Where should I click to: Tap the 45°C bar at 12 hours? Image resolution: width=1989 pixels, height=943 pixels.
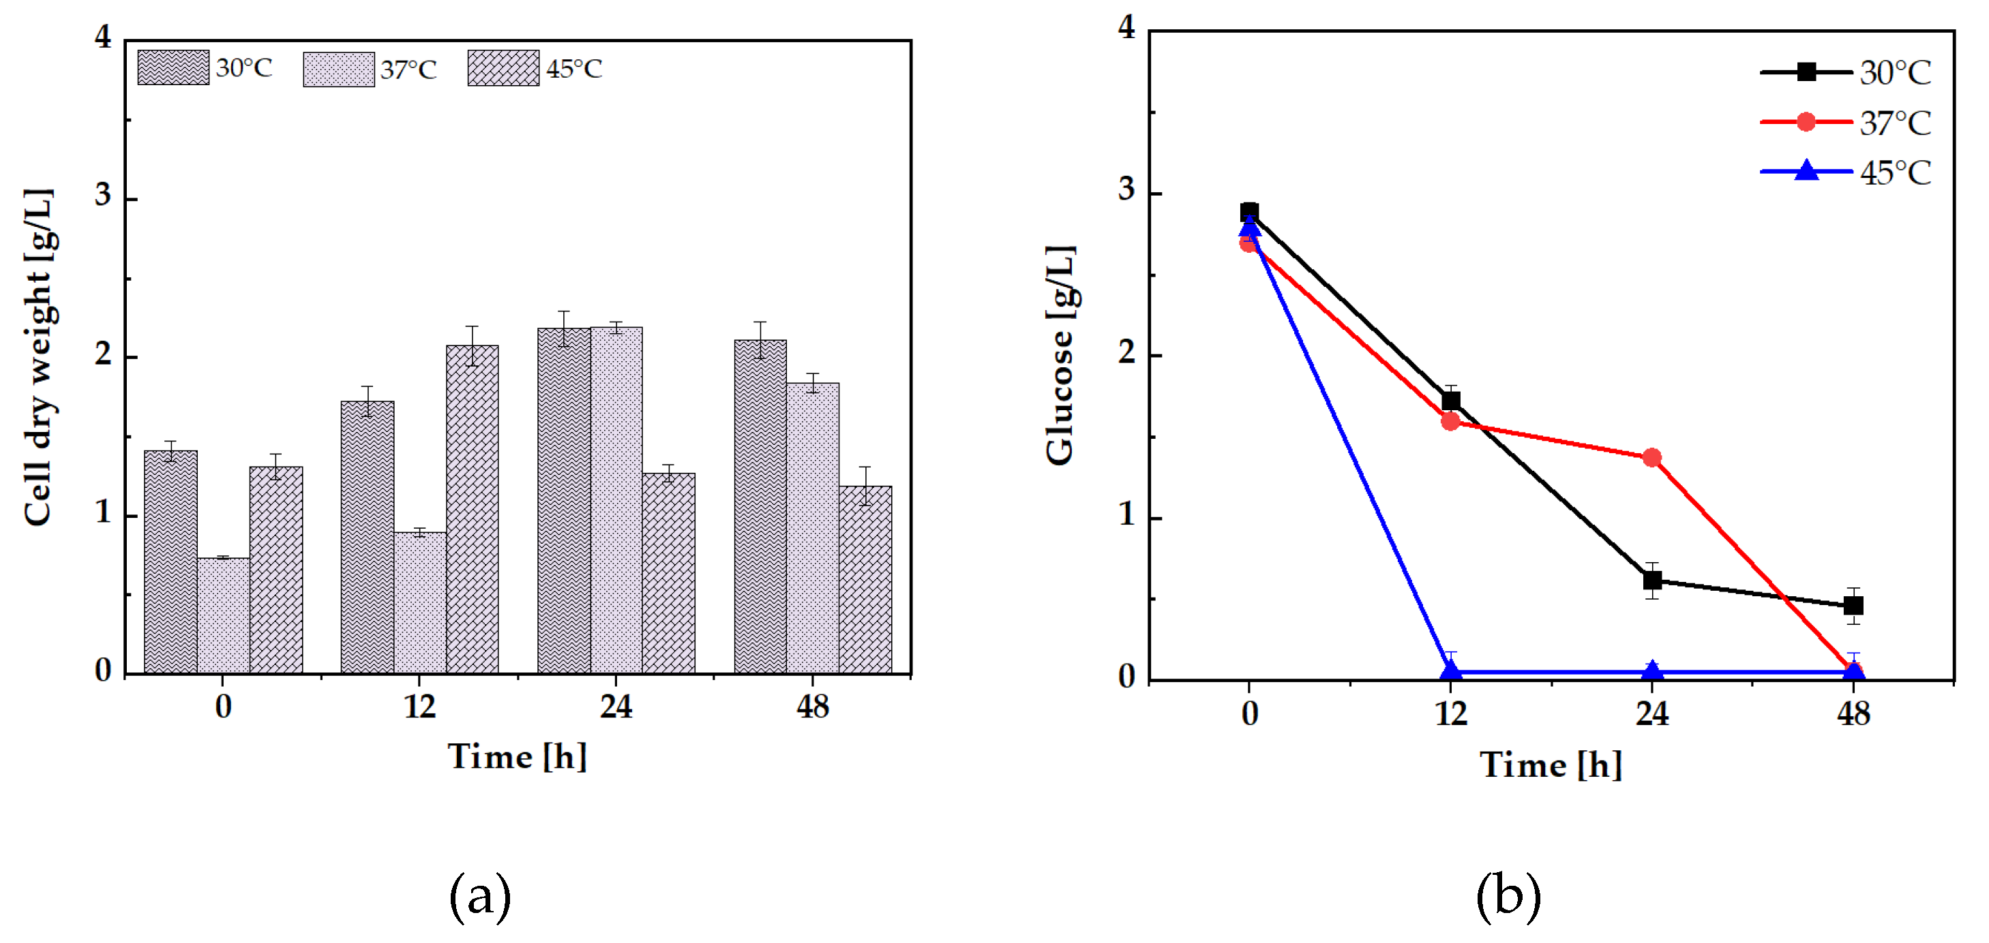472,509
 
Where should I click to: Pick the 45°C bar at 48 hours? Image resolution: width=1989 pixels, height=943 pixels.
865,578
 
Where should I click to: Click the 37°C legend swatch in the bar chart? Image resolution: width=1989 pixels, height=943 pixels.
338,69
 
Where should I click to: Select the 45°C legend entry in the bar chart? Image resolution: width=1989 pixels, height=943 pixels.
535,69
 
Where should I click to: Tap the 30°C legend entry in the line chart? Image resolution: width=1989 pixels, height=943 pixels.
1845,72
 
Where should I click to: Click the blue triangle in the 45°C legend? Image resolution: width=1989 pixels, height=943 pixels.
1806,170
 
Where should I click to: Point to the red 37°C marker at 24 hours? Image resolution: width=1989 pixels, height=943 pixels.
1651,458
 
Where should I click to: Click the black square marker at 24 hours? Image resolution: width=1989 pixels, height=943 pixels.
1651,580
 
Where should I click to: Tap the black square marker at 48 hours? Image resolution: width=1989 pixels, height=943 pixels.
1853,605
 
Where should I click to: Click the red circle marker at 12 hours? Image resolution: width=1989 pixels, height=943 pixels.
1450,421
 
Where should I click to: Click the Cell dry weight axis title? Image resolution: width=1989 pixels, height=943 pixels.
39,356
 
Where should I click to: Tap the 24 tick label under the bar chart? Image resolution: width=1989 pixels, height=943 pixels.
616,707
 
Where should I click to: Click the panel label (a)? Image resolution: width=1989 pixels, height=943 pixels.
479,896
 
